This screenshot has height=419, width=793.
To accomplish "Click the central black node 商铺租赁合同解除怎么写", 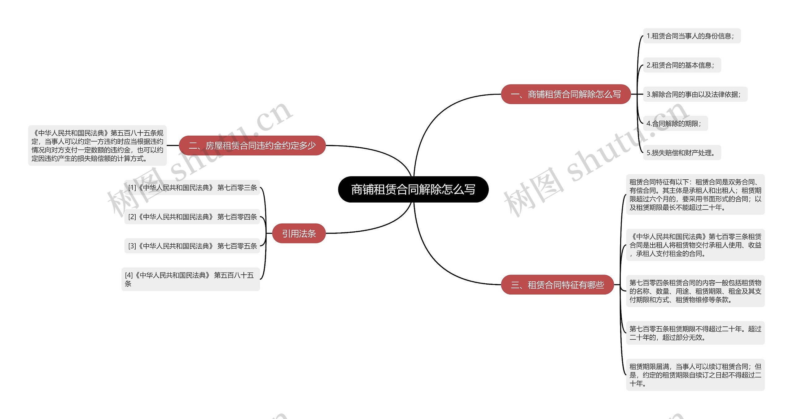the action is point(413,190).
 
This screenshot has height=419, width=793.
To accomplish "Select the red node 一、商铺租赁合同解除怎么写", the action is point(566,94).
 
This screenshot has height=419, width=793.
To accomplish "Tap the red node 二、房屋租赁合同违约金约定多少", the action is point(252,145).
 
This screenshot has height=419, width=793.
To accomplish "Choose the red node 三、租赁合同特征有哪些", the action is point(557,285).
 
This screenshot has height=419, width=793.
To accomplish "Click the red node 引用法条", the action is point(299,233).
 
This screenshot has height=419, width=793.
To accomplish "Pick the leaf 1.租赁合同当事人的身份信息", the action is point(692,36).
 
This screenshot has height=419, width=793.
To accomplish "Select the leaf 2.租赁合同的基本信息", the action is point(682,65).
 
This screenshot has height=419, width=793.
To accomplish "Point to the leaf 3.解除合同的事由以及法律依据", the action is point(695,94).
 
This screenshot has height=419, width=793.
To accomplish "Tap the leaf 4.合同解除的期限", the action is point(675,124).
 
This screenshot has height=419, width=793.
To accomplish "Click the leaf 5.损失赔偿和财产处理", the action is point(682,153).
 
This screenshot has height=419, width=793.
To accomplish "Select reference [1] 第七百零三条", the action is point(192,188).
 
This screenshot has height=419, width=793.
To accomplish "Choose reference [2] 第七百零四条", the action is point(192,217).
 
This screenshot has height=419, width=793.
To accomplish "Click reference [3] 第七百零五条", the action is point(192,246).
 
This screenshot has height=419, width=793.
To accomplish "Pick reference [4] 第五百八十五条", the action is point(191,279).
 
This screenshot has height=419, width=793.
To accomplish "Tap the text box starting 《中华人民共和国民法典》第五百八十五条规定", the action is point(97,146).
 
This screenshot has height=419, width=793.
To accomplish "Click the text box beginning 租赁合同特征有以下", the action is point(695,194).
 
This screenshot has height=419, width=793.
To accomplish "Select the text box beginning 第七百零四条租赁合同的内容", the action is point(695,291).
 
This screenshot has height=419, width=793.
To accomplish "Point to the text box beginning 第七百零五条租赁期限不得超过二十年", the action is point(695,333).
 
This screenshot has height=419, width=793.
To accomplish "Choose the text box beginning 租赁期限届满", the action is point(695,375).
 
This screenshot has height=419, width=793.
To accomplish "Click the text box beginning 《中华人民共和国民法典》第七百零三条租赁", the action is point(695,245).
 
